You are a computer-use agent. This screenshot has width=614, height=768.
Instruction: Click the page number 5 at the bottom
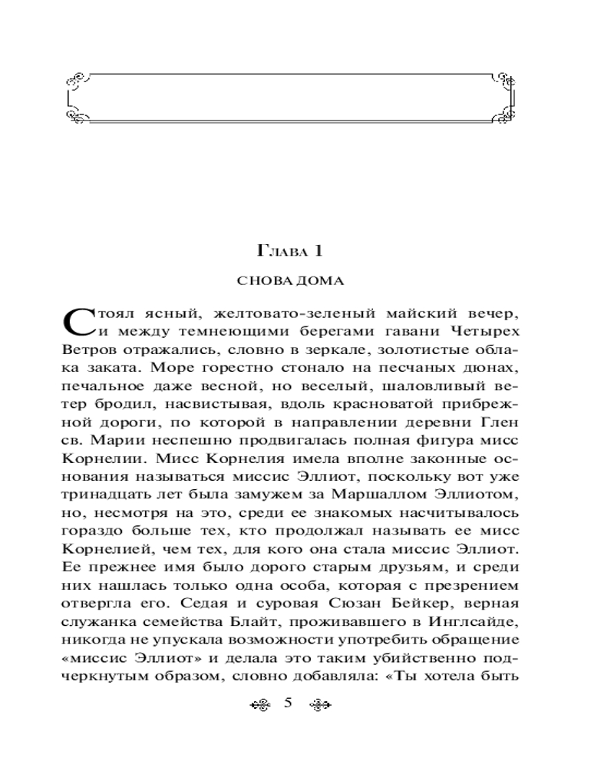[x=289, y=703]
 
